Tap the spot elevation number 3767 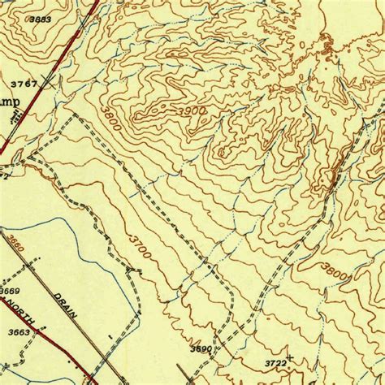click(24, 84)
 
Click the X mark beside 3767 click(52, 81)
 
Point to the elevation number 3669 click(11, 291)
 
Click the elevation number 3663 click(18, 331)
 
